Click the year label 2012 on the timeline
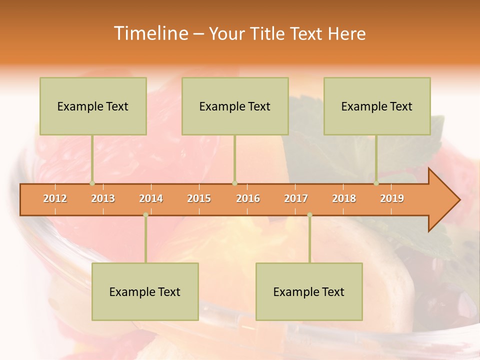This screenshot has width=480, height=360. [55, 198]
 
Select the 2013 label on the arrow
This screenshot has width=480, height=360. [103, 198]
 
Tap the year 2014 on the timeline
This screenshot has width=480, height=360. [151, 198]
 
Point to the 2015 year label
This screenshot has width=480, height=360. [199, 198]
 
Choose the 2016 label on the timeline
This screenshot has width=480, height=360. [248, 198]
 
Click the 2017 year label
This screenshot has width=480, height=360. [296, 198]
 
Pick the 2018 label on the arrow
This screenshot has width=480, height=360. [344, 198]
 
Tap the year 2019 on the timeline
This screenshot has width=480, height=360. [392, 198]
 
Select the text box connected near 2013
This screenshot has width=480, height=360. [93, 106]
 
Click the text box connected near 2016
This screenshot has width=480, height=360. [235, 106]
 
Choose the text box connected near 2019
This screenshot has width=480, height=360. [377, 106]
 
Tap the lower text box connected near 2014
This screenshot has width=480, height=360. [145, 291]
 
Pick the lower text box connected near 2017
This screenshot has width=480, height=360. [309, 291]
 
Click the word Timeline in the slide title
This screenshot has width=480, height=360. [150, 33]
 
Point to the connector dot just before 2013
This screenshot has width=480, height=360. [92, 183]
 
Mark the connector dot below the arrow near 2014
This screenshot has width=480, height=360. [145, 215]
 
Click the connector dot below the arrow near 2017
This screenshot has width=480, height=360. [309, 215]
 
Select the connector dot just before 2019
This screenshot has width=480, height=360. [376, 183]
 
